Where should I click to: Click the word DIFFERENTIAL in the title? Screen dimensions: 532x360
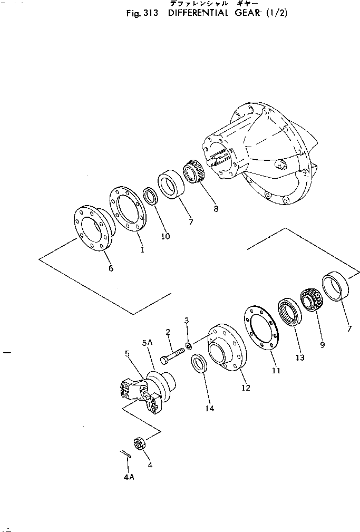point(198,13)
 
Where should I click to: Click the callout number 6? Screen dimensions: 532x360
point(111,268)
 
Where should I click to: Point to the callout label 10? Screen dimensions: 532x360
point(165,237)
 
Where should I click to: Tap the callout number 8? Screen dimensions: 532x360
point(215,209)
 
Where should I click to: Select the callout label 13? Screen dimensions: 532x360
point(300,358)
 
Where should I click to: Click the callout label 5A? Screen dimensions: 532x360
point(147,343)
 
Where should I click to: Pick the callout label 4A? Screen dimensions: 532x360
point(129,477)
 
